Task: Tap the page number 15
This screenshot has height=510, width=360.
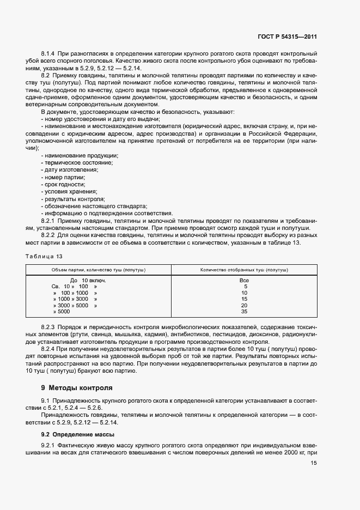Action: point(313,463)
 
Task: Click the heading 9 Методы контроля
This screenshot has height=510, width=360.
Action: point(77,388)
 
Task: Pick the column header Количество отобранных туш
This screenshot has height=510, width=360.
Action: point(244,270)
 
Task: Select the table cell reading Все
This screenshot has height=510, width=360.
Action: point(244,280)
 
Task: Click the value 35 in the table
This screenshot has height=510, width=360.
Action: point(244,312)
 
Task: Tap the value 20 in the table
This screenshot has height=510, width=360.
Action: point(244,306)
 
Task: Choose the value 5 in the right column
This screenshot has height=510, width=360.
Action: point(245,287)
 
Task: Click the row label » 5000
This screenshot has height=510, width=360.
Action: point(62,312)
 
